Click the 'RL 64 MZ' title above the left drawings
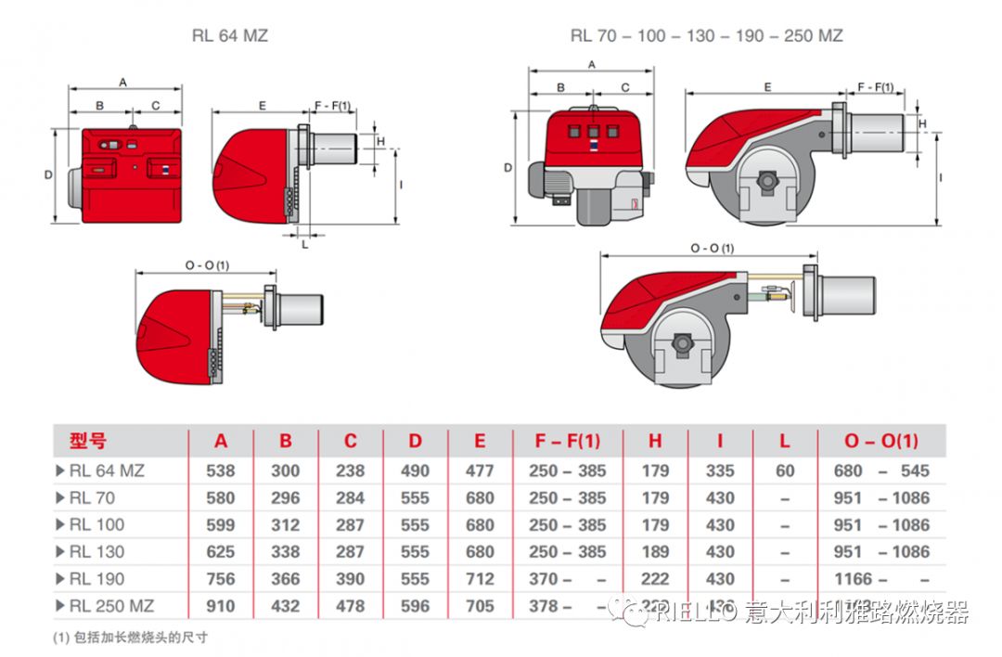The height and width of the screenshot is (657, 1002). pos(229,36)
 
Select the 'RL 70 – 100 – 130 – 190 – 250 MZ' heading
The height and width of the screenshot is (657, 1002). pos(707,36)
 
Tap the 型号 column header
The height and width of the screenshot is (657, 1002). pos(87,441)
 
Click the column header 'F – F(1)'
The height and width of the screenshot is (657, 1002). pos(567,441)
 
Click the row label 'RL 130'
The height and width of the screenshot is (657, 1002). pos(96,551)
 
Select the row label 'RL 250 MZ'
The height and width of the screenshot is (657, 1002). pos(110,606)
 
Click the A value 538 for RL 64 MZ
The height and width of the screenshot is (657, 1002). pos(221,470)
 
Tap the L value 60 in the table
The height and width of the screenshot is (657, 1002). pos(785,470)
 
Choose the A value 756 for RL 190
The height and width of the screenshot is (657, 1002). pos(221,579)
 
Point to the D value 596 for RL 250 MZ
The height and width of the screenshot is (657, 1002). pos(415,606)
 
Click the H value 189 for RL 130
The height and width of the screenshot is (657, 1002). pos(655,551)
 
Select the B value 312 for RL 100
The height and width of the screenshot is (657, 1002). pos(285,524)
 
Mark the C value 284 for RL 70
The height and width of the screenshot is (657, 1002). pos(350,497)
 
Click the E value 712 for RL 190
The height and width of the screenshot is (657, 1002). pos(480,579)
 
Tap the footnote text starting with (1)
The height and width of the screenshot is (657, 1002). pos(130,638)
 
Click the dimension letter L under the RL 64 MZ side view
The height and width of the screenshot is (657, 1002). pos(305,244)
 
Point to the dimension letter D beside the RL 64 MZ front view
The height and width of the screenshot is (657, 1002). pos(48,174)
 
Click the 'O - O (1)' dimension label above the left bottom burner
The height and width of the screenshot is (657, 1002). pos(206,265)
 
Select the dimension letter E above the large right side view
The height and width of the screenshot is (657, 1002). pos(767,86)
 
